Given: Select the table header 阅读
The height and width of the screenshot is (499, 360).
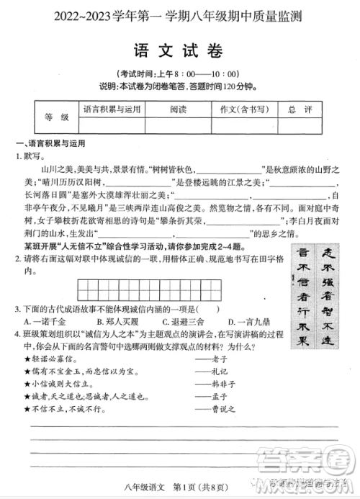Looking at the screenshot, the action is pyautogui.click(x=179, y=109).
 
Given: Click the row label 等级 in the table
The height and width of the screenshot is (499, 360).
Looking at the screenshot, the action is pyautogui.click(x=56, y=117).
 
